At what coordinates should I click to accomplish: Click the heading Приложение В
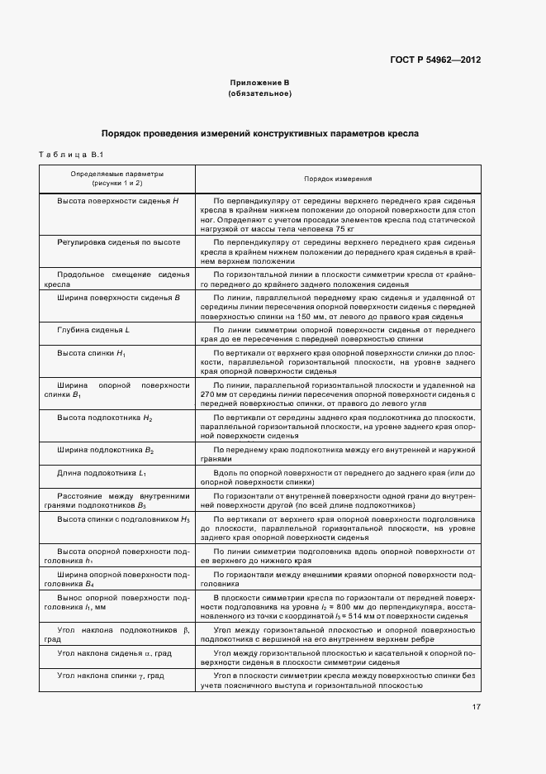(259, 83)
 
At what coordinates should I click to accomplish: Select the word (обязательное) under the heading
(259, 93)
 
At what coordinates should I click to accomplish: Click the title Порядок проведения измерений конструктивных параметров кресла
(259, 132)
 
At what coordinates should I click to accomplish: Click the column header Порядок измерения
(337, 178)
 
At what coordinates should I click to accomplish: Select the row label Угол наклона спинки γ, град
(110, 676)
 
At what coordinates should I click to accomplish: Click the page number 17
(476, 707)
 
